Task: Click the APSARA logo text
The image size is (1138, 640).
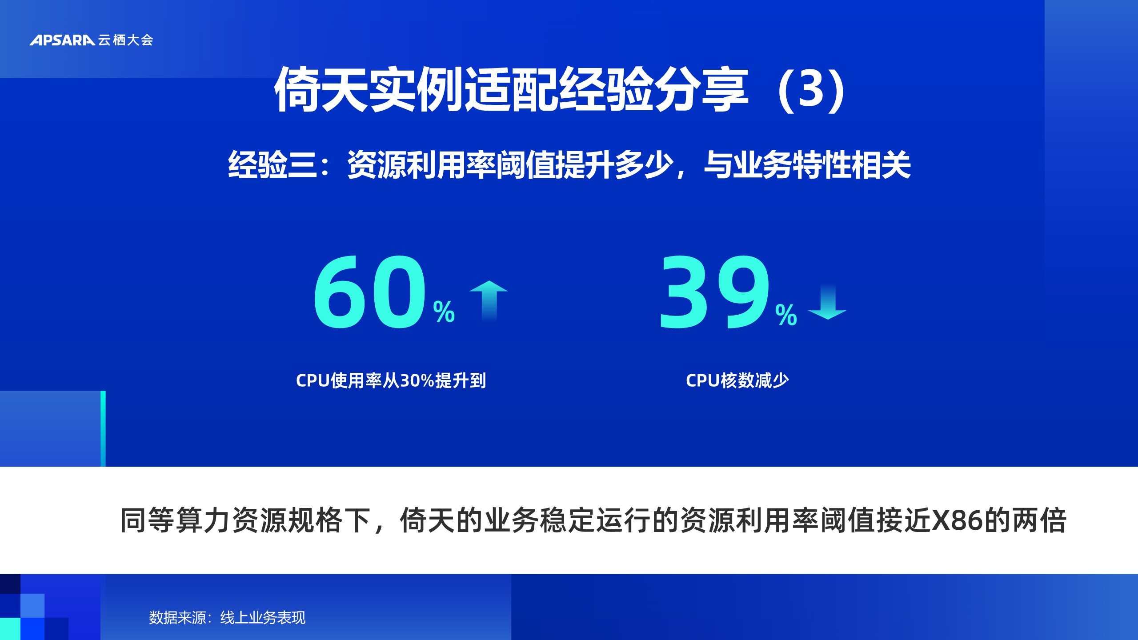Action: coord(62,40)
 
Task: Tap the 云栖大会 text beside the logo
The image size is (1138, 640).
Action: coord(126,40)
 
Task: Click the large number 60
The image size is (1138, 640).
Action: coord(370,293)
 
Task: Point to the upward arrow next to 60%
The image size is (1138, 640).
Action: coord(489,300)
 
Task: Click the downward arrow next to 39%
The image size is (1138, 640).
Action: coord(827,302)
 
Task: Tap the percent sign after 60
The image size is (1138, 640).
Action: coord(444,312)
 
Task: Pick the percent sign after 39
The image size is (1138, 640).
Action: coord(786,315)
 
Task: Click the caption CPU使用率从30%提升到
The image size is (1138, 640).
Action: coord(391,380)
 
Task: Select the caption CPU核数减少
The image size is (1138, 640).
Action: coord(737,380)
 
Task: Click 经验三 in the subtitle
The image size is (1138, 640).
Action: coord(272,165)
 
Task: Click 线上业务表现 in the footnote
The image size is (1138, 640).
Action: coord(263,617)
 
